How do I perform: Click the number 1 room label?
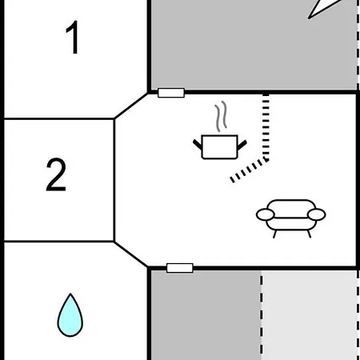click(x=73, y=38)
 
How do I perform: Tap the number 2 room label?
click(x=56, y=174)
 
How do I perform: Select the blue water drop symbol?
click(x=70, y=315)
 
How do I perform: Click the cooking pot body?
click(x=219, y=147)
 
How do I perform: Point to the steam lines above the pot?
click(x=221, y=116)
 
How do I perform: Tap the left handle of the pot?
click(x=198, y=145)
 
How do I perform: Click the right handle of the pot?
click(x=242, y=145)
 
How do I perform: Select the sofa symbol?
click(x=291, y=218)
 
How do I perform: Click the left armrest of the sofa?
click(x=266, y=214)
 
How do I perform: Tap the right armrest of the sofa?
click(x=317, y=214)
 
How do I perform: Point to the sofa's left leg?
click(x=274, y=234)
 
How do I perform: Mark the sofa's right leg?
click(x=309, y=234)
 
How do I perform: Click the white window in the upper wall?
click(x=171, y=93)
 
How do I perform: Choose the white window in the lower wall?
click(x=180, y=268)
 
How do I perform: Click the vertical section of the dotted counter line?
click(x=266, y=127)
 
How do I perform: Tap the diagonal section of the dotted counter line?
click(x=250, y=170)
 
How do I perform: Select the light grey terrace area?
click(x=310, y=315)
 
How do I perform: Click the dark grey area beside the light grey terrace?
click(x=206, y=315)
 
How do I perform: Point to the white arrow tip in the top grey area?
click(x=309, y=18)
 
